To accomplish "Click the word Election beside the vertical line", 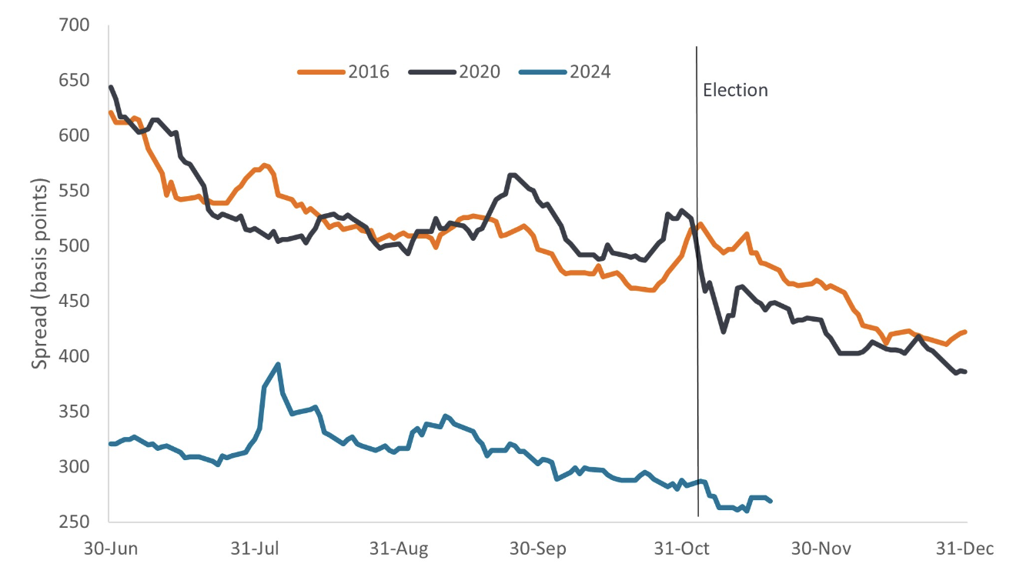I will (735, 90).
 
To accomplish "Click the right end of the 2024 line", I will (771, 501).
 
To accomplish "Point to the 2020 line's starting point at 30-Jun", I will (111, 87).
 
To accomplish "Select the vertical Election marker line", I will (697, 308).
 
